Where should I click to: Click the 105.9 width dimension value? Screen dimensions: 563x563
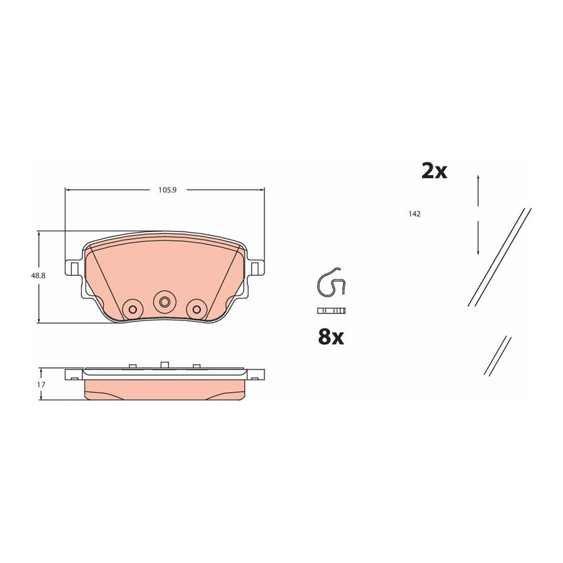(167, 190)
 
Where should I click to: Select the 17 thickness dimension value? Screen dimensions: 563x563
(41, 385)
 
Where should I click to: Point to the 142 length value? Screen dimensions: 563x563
(414, 214)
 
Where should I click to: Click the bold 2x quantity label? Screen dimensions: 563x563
(434, 171)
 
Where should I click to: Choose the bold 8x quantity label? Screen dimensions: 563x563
(331, 337)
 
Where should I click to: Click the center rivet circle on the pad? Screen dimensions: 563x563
(165, 302)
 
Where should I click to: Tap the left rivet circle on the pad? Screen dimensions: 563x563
(133, 309)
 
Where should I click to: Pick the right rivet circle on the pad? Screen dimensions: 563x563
(196, 309)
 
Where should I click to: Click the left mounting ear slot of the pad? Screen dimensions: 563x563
(74, 268)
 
